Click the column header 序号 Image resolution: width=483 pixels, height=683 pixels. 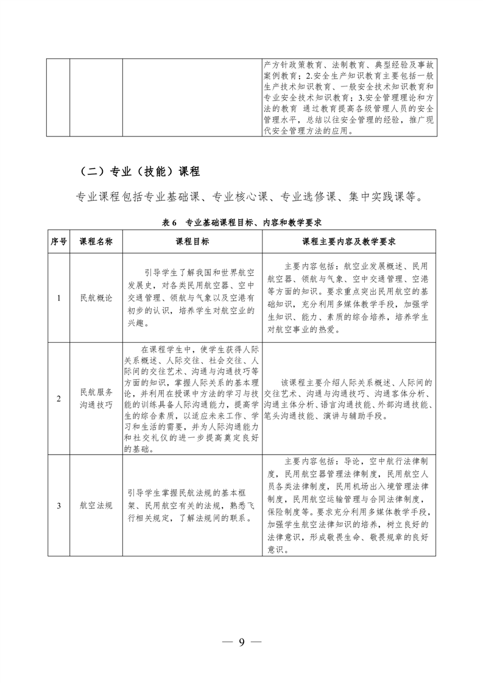coord(58,242)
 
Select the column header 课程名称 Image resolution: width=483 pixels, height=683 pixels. coord(96,242)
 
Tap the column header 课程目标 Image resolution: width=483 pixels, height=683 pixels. coord(192,242)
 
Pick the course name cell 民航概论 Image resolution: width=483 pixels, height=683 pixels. coord(96,298)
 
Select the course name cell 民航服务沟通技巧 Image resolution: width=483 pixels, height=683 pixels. coord(96,399)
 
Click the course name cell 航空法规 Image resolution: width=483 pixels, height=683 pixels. coord(96,506)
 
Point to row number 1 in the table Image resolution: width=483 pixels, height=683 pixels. coord(58,298)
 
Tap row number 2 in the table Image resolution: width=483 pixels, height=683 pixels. coord(58,399)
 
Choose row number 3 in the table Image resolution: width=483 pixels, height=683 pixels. coord(58,506)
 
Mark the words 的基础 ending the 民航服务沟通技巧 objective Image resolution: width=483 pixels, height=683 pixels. coord(135,449)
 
